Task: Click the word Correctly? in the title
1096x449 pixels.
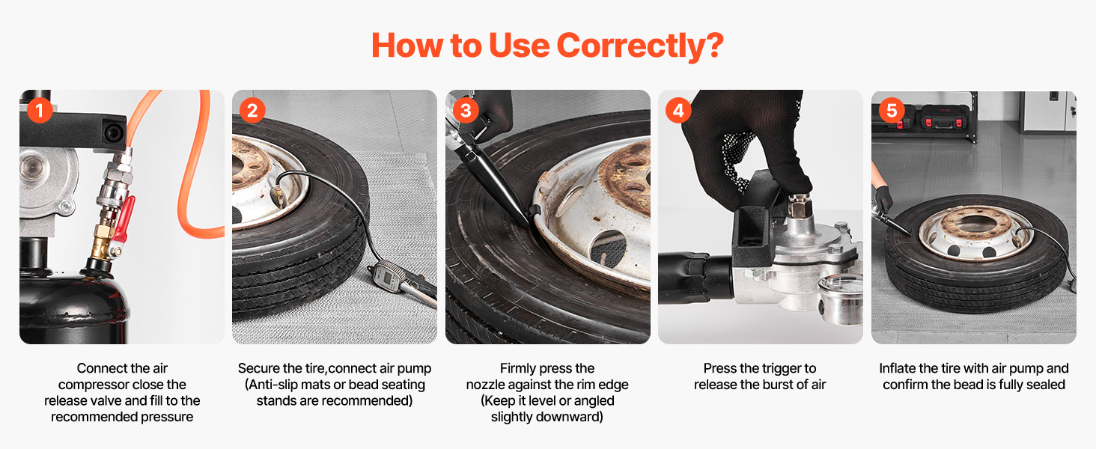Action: pyautogui.click(x=640, y=46)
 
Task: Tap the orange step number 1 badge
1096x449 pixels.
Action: pyautogui.click(x=40, y=110)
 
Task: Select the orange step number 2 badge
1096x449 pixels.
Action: pyautogui.click(x=252, y=110)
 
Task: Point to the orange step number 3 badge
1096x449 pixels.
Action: pyautogui.click(x=466, y=110)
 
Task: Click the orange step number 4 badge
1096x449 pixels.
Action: pyautogui.click(x=678, y=110)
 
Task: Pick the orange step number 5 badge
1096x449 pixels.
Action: pyautogui.click(x=892, y=110)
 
